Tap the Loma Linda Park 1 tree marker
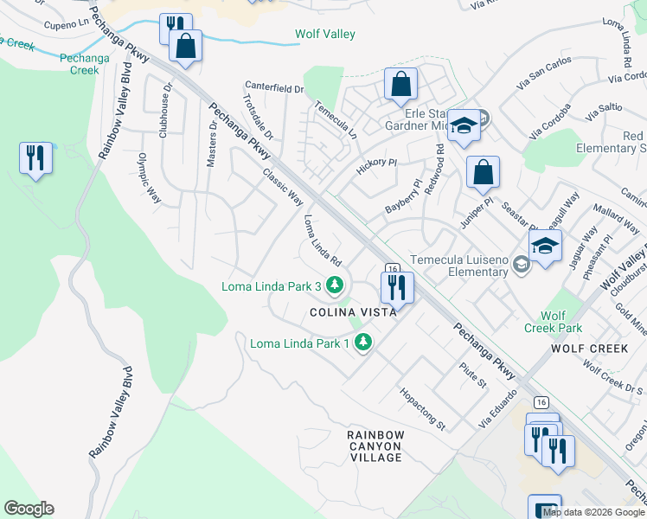tap(363, 343)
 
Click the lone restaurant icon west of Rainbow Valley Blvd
tap(35, 157)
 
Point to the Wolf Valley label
tap(325, 35)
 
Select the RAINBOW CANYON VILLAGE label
tap(375, 445)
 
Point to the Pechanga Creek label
tap(79, 63)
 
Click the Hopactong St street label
tap(421, 408)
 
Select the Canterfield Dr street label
tap(274, 88)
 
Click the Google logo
tap(29, 509)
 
